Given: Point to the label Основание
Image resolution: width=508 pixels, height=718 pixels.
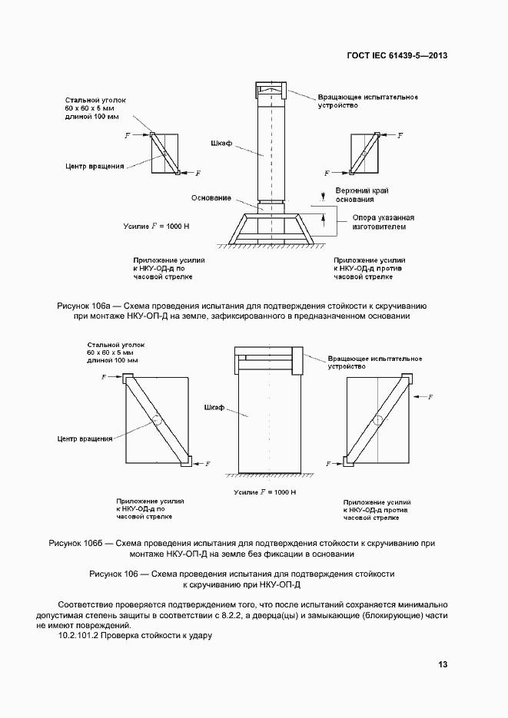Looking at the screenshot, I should (x=211, y=198).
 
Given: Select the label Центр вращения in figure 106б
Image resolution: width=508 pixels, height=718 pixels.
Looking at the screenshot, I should (x=85, y=439).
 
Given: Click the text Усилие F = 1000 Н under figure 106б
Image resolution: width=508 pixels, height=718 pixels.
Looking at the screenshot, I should (x=259, y=491).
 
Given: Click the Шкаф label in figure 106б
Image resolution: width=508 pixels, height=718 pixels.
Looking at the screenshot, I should (x=214, y=407).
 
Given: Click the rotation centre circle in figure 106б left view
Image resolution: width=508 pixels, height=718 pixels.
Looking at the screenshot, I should (x=157, y=421).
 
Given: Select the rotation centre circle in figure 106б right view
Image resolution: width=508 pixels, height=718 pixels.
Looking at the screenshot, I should (x=379, y=422).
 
